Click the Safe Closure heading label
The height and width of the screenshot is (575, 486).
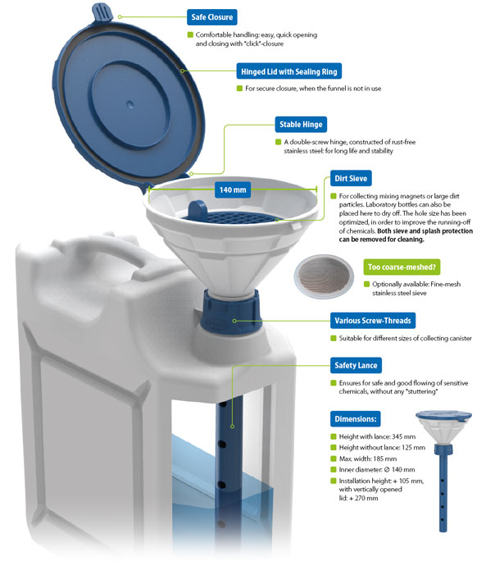tap(211, 17)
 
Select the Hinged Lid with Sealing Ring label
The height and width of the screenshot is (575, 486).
tap(288, 71)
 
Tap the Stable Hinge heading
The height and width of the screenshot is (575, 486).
tap(301, 125)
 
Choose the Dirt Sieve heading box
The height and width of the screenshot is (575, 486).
tap(351, 178)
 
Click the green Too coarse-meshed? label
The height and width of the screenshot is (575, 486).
tap(402, 267)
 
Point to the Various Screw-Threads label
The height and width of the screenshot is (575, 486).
tap(373, 321)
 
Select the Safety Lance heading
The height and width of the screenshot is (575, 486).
tap(356, 365)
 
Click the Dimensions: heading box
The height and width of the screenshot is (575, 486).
tap(355, 419)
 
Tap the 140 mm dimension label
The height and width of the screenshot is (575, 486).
tap(233, 189)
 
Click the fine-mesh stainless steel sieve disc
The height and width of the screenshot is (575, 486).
tap(324, 276)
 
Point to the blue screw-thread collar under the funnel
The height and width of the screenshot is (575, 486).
tap(231, 311)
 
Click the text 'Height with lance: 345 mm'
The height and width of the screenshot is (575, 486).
tap(377, 436)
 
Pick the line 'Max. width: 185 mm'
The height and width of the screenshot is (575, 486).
tap(368, 459)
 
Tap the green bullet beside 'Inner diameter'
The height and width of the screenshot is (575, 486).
tap(334, 469)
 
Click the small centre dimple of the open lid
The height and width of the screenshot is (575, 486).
tap(129, 104)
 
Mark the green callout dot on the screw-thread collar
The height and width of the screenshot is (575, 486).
tap(234, 321)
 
